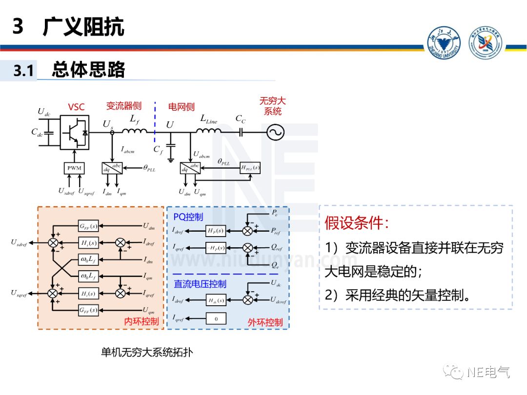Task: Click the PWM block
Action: point(74,168)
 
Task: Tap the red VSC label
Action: point(76,107)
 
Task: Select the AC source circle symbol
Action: point(275,132)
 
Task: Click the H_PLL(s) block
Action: point(250,168)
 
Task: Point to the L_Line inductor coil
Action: point(209,130)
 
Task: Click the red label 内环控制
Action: point(142,321)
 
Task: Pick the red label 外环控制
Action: point(265,322)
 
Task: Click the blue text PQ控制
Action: point(188,217)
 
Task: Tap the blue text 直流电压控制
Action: point(200,284)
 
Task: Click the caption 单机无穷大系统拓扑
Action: point(147,352)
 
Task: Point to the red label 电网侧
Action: point(181,107)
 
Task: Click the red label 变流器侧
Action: point(124,106)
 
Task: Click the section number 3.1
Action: point(23,71)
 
